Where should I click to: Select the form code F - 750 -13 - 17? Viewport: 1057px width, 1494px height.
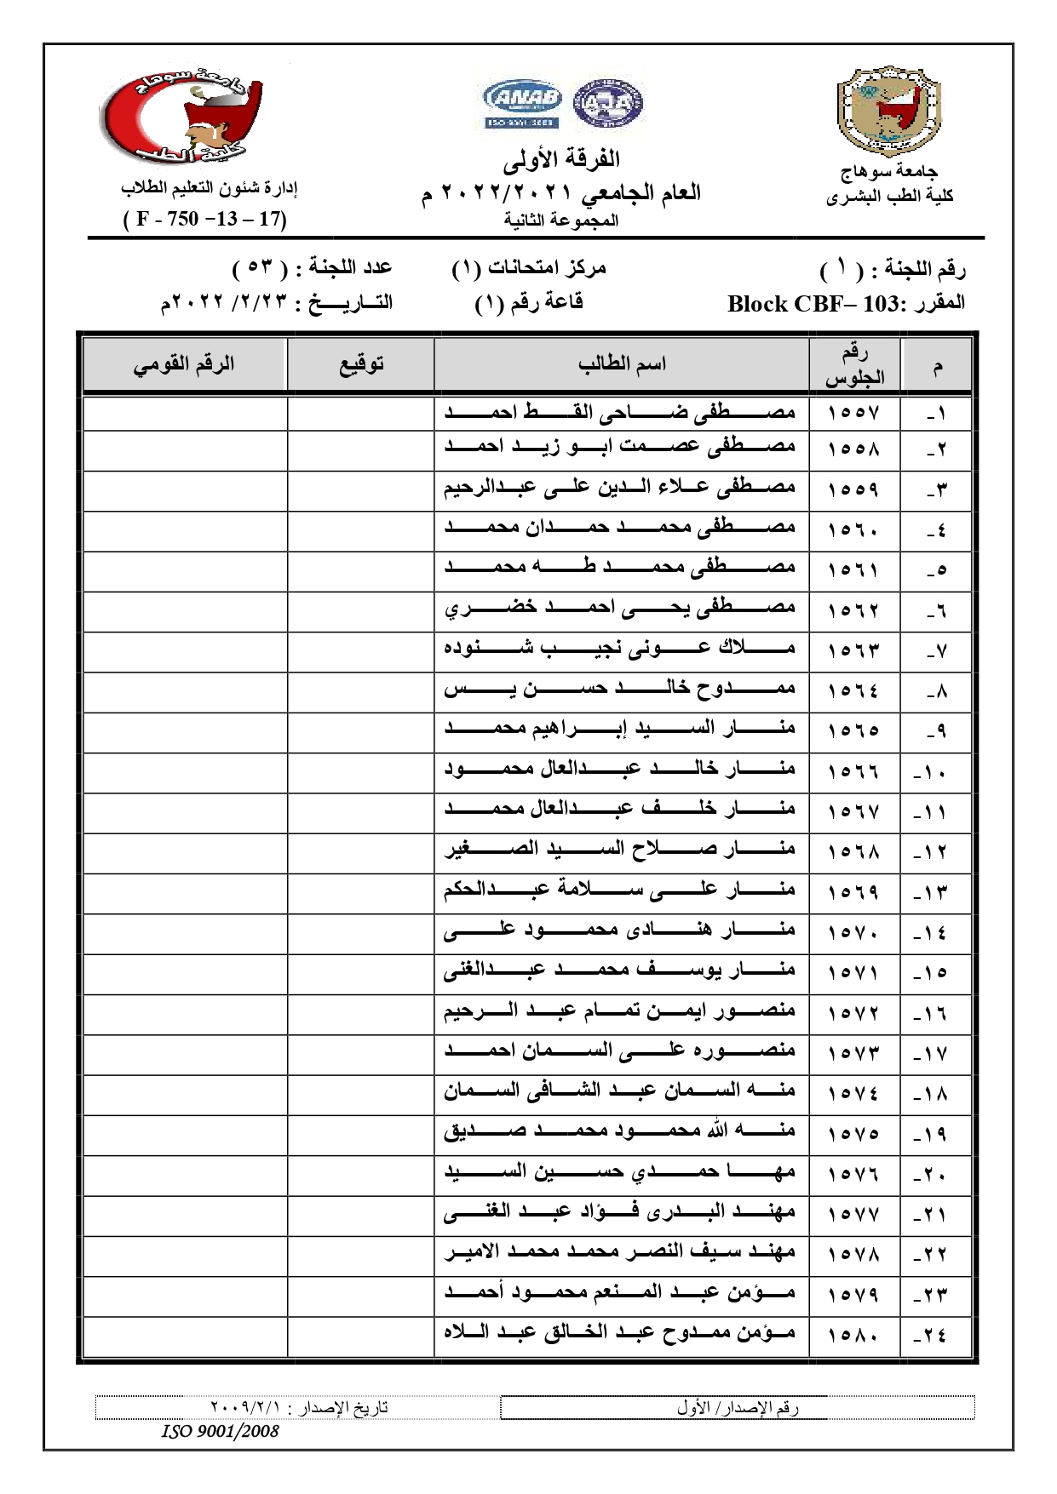205,219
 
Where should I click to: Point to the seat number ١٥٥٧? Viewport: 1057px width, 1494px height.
853,413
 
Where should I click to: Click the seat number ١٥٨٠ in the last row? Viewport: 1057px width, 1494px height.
853,1334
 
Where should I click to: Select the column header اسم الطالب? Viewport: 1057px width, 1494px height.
622,364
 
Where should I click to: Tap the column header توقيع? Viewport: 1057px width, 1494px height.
361,364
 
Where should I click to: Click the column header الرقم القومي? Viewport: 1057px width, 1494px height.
183,364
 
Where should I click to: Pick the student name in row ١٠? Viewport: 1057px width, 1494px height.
620,769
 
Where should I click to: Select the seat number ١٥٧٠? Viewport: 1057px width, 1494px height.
853,933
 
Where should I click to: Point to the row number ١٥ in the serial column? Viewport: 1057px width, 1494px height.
930,973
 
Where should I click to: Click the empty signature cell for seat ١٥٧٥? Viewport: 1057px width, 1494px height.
360,1134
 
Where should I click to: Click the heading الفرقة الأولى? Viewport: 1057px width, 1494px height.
561,159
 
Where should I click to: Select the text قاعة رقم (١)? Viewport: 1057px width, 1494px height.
528,303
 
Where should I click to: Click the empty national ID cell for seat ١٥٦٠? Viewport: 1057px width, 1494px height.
185,529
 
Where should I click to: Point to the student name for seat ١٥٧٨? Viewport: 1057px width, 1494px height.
620,1253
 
